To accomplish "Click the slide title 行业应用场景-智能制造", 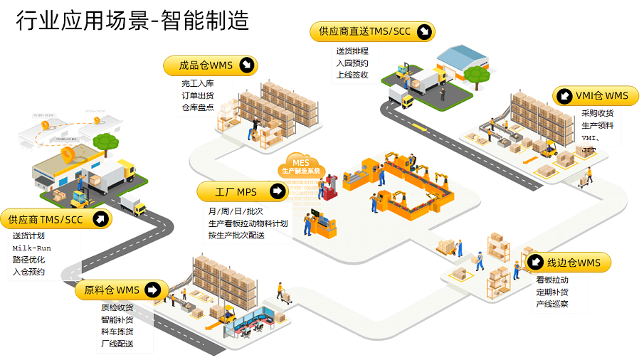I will pos(133,21).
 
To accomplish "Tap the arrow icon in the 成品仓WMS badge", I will pos(246,65).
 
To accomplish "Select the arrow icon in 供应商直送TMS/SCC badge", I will pos(424,31).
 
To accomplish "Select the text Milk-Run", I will pos(31,248).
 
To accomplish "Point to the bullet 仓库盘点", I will pos(197,107).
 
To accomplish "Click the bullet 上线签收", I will pos(352,75).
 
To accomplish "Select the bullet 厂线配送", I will pos(117,344).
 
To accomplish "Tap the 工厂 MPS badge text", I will pos(237,192).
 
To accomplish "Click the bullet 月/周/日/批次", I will pos(235,211).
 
